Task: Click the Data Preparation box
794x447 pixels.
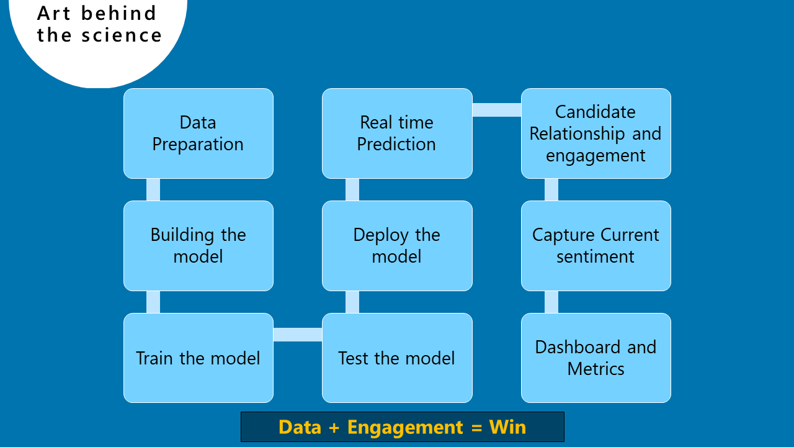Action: (198, 133)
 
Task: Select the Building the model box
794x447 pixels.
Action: (198, 245)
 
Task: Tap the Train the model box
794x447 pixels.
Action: (198, 358)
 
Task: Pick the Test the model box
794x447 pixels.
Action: (397, 358)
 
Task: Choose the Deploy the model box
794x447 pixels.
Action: (397, 245)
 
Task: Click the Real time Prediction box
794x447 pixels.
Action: (397, 133)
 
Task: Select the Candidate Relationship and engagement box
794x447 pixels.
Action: (596, 133)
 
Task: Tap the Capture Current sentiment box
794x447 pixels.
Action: (596, 245)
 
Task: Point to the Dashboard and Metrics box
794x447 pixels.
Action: (596, 358)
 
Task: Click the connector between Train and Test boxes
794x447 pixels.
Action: (298, 335)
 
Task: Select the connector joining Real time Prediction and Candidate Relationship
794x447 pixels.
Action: (497, 110)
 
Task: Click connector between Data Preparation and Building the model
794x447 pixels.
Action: (153, 190)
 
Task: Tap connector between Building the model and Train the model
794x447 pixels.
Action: (153, 302)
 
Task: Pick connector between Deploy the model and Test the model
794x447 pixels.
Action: (352, 302)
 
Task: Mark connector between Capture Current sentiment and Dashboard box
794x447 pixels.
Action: (551, 302)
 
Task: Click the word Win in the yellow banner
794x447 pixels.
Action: (507, 427)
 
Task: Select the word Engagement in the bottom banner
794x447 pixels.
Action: (405, 428)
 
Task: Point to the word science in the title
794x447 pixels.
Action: (122, 35)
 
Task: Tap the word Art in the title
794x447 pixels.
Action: (53, 13)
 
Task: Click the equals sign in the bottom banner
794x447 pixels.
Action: (477, 428)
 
